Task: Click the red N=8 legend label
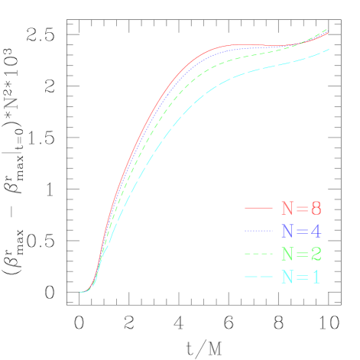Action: (300, 208)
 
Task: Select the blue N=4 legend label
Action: (300, 231)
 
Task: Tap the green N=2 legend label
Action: (300, 254)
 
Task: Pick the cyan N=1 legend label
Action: (300, 277)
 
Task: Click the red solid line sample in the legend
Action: (258, 208)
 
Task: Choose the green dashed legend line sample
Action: (258, 254)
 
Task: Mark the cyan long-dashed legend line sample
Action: (258, 277)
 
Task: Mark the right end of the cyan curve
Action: (329, 50)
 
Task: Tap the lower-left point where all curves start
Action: (80, 292)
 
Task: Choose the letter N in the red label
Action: (287, 208)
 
